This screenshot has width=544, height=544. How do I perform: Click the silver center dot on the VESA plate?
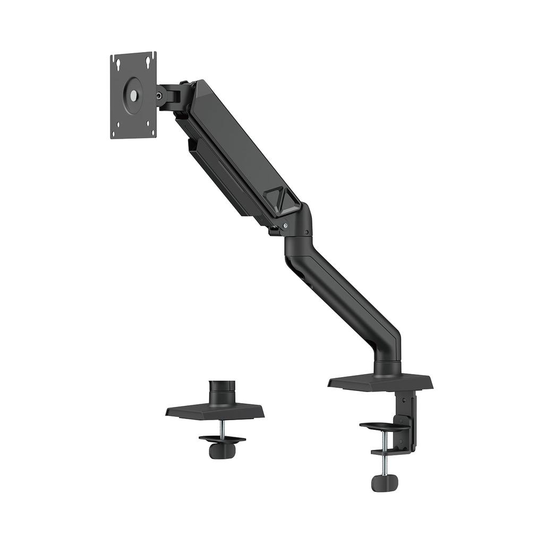(133, 96)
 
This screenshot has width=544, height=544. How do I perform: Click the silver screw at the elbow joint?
(285, 226)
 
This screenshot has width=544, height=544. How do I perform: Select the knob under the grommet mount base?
(222, 450)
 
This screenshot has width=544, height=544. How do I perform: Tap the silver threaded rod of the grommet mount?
(223, 428)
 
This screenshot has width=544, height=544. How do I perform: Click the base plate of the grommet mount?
(215, 411)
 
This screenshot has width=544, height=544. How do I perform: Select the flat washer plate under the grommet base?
(222, 439)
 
